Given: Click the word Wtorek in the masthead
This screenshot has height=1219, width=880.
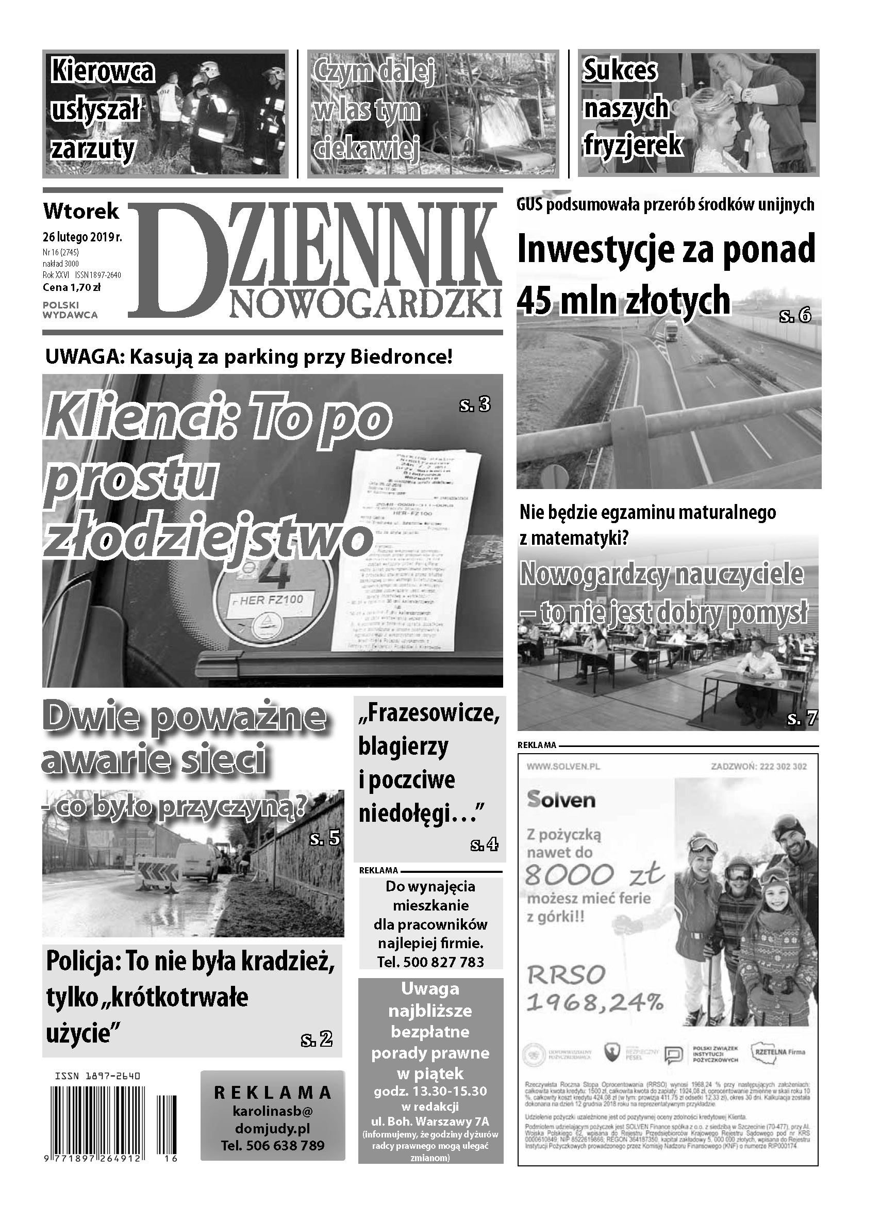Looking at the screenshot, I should (x=81, y=211).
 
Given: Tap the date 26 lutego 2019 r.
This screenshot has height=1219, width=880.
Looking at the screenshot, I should (x=82, y=236).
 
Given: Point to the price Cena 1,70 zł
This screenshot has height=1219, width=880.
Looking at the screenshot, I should (x=72, y=287).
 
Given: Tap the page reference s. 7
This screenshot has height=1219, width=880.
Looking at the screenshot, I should (x=802, y=718).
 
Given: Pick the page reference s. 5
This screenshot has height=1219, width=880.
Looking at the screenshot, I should (x=325, y=838).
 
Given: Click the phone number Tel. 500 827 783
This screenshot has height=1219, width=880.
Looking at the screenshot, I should (x=430, y=962).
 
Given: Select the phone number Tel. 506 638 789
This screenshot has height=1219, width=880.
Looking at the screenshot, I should (x=272, y=1146).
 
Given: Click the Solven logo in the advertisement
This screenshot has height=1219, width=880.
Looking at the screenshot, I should (x=561, y=800).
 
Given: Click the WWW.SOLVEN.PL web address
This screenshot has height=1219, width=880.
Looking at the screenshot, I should (x=563, y=767).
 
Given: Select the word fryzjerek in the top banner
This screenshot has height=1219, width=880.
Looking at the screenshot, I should (x=633, y=145).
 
